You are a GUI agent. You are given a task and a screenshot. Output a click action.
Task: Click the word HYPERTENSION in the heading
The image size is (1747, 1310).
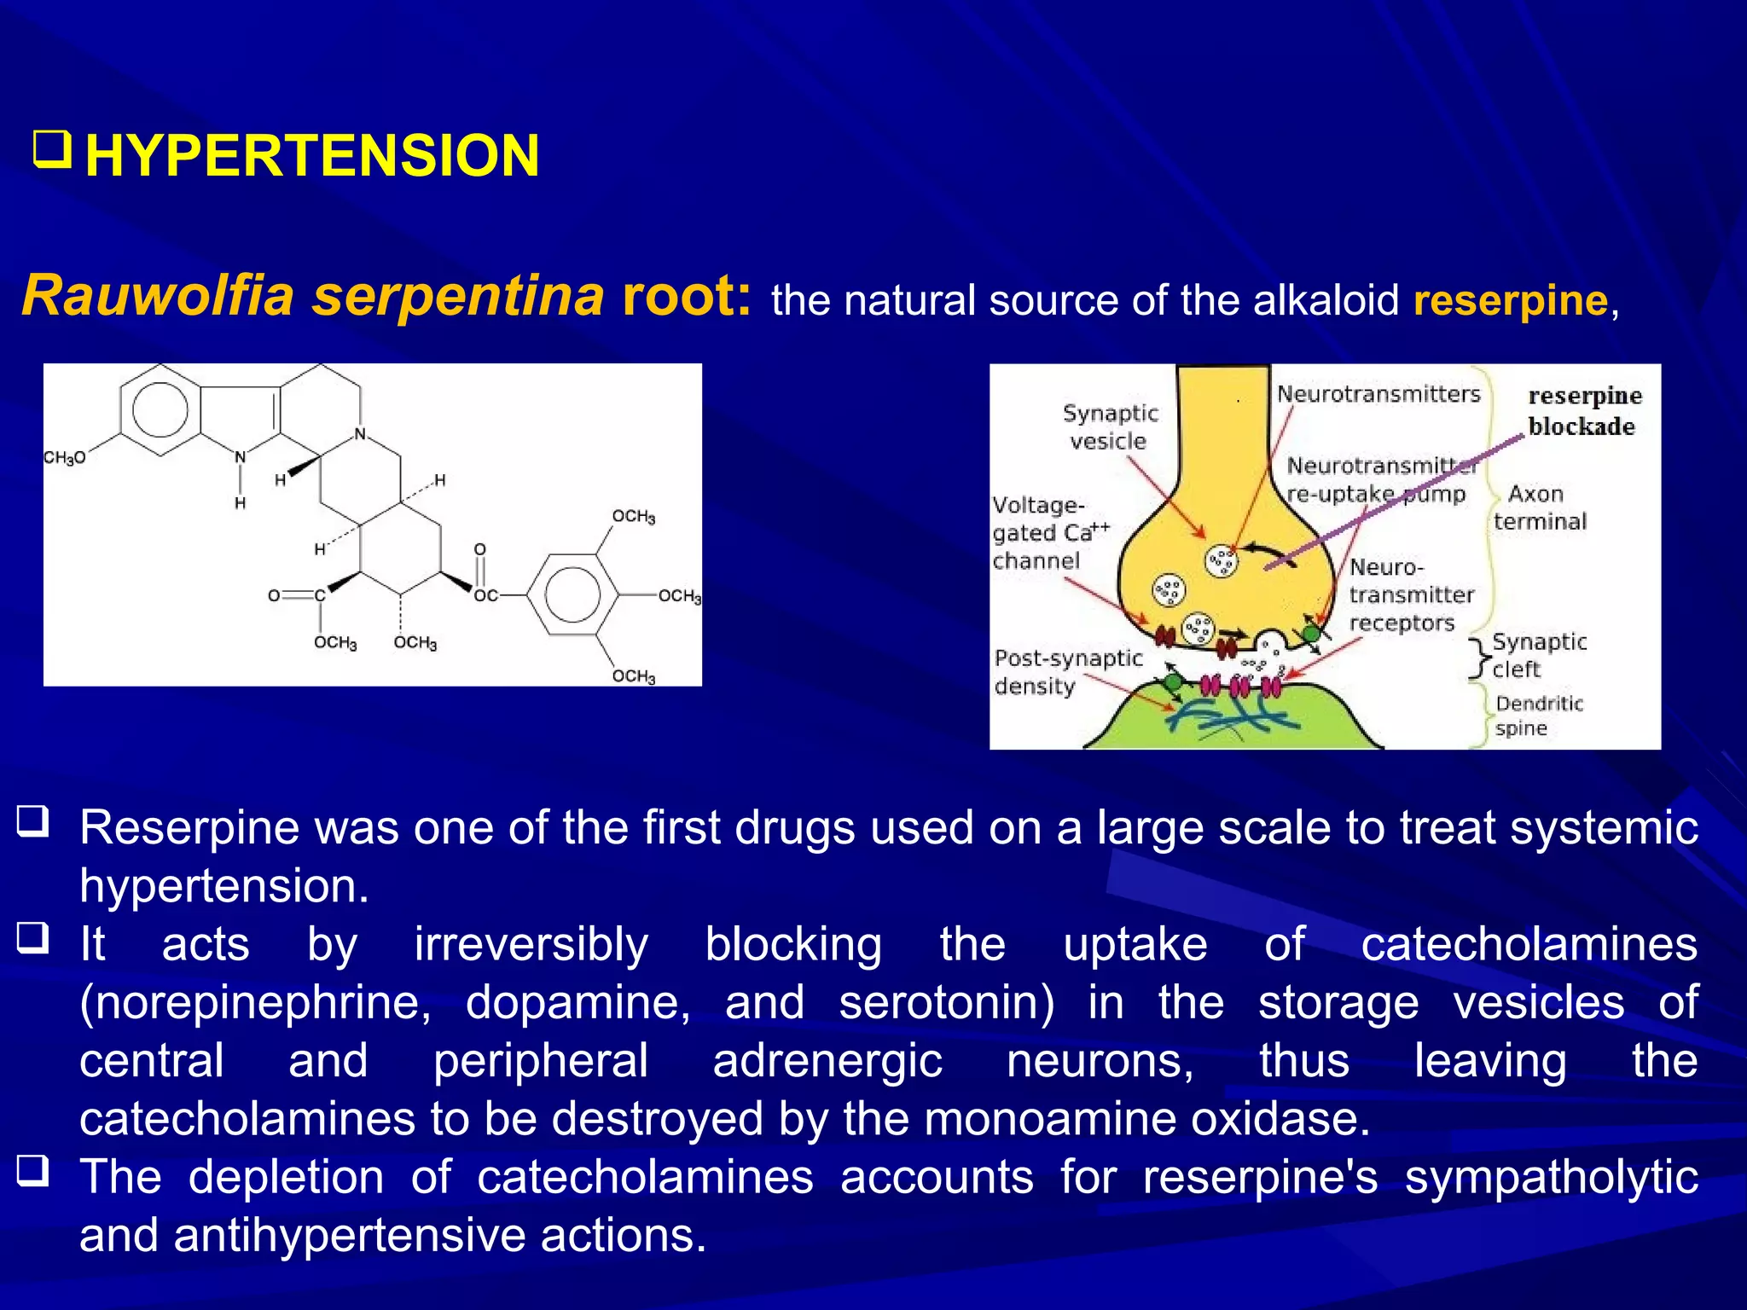[312, 156]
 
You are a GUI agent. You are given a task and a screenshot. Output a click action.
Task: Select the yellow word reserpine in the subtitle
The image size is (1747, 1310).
[1511, 301]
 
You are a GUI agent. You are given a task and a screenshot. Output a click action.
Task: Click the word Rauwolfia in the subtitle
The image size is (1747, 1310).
[158, 296]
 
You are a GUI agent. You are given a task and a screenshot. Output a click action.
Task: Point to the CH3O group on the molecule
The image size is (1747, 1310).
[65, 458]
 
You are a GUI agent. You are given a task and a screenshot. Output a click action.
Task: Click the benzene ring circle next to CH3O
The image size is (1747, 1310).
[160, 409]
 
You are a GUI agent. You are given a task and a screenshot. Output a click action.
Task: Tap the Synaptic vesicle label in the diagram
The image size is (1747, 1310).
[1109, 426]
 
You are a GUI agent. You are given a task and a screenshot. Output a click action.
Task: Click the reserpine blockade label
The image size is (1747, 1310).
[1584, 411]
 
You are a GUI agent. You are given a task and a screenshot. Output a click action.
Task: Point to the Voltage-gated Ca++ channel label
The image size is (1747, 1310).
[1049, 533]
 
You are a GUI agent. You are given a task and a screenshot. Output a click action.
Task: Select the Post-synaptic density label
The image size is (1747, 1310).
[1067, 672]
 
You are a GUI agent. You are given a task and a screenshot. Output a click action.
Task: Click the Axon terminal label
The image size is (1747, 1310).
[1539, 507]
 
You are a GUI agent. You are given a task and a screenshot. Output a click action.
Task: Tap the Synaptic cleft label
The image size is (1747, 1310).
[1538, 655]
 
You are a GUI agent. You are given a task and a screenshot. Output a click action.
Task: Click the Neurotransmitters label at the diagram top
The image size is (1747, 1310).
[1378, 394]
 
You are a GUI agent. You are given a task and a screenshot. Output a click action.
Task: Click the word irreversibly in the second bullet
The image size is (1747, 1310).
[531, 945]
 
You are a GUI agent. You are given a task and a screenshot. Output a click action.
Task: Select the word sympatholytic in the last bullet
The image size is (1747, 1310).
[1551, 1178]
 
